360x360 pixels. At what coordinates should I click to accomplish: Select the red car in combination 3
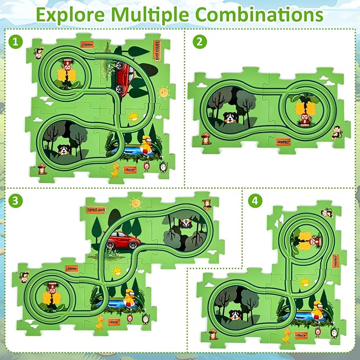123,241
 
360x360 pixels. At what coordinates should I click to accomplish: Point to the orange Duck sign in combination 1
130,169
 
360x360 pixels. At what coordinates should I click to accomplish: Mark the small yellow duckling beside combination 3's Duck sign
100,322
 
